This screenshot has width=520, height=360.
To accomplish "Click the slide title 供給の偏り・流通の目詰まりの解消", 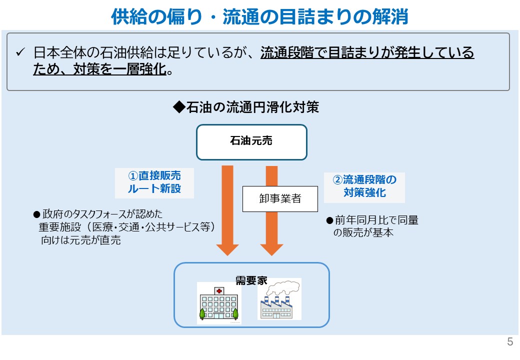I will pos(259,16).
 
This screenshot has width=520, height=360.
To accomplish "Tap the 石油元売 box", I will pos(251,142).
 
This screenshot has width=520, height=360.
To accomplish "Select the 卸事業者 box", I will pos(280,198).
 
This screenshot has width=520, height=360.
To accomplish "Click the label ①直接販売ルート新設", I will pos(154,182).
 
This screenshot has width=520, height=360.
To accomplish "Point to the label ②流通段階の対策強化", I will pos(364,186).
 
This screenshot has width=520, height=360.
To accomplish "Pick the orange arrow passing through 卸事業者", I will pos(271,230).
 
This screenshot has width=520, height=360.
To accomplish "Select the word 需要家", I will pos(251,280).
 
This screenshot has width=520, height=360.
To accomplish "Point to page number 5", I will pos(510,342).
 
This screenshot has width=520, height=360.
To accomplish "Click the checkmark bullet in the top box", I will pos(20,52).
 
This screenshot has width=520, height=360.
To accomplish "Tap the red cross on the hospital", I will pos(218,290).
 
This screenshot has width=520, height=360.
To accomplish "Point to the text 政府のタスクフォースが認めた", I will pos(102,214).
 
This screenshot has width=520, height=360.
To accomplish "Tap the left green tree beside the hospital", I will pos(202,313).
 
